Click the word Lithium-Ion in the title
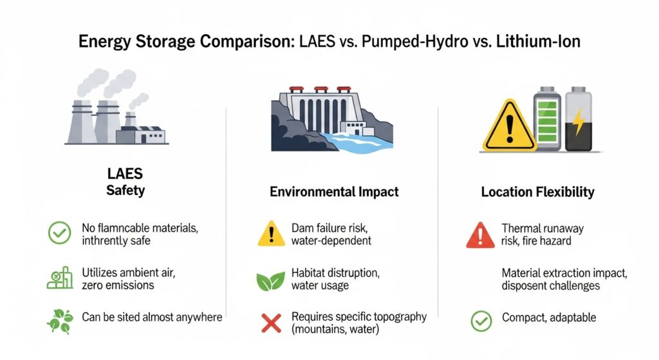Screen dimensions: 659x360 [538, 41]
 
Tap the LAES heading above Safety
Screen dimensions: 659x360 [125, 173]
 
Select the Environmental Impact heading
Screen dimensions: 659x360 [334, 192]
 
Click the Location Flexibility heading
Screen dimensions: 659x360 [537, 192]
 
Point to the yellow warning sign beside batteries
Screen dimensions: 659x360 [510, 126]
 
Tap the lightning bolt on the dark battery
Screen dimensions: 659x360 [579, 122]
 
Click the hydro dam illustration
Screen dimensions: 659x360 [332, 119]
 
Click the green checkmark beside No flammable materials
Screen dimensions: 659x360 [60, 233]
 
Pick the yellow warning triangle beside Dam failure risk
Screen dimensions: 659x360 [271, 233]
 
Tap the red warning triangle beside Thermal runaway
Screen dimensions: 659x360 [480, 235]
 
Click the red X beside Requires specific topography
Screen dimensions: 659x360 [271, 323]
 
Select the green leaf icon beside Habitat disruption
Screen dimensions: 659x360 [271, 281]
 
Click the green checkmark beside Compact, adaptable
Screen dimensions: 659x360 [481, 321]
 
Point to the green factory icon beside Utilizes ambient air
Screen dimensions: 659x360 [60, 278]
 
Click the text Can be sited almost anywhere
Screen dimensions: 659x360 [152, 317]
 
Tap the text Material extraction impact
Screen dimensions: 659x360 [564, 273]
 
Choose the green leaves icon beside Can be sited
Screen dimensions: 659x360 [60, 321]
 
